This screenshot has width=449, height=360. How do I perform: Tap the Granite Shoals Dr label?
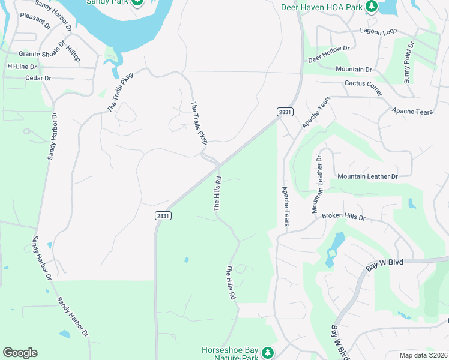(x=41, y=53)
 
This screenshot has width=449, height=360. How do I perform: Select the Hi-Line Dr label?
(x=22, y=66)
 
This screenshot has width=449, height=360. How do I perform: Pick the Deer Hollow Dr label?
(x=328, y=55)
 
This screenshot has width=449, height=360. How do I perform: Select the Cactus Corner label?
(x=363, y=88)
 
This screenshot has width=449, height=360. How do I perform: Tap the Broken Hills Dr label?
(x=343, y=216)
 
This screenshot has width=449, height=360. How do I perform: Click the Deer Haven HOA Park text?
(x=322, y=7)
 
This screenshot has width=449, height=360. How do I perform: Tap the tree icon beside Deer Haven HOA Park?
(x=372, y=7)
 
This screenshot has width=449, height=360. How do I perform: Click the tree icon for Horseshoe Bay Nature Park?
(x=268, y=352)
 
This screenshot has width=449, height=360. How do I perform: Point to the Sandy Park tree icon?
(x=137, y=2)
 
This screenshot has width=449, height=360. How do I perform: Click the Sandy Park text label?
(x=108, y=2)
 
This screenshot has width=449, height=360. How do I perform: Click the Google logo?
(x=20, y=353)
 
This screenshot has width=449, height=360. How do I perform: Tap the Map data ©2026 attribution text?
(x=423, y=355)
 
